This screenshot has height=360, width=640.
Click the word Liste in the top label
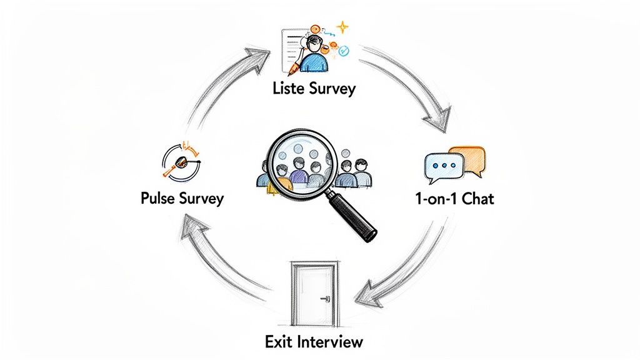(x=289, y=88)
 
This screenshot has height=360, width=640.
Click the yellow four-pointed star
(x=342, y=27)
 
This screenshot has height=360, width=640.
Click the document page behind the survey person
(x=289, y=44)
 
